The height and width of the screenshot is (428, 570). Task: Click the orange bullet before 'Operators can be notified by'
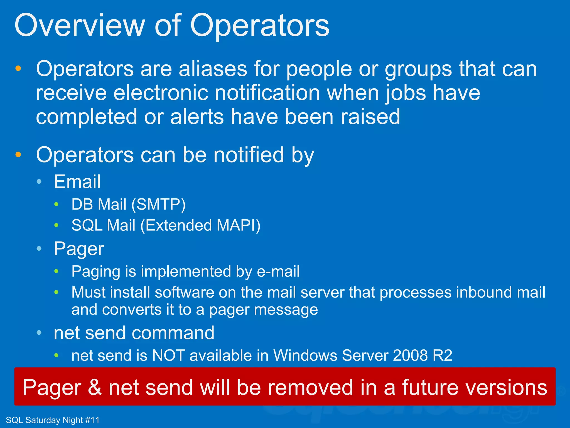click(18, 155)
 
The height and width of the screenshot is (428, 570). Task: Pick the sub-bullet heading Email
click(77, 182)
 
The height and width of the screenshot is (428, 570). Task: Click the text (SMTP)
click(158, 204)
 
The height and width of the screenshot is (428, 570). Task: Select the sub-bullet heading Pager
click(79, 249)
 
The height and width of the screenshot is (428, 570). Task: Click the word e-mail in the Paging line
click(278, 271)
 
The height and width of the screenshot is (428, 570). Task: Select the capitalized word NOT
click(168, 356)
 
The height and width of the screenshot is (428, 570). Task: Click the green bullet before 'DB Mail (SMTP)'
click(56, 205)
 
